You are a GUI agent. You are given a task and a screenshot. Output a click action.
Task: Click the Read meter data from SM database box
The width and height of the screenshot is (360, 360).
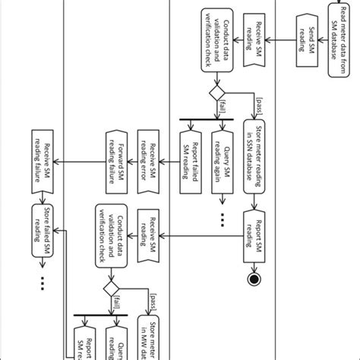tap(338, 39)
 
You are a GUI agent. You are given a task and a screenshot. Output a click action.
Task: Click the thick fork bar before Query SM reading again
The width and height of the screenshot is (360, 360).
tap(205, 120)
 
